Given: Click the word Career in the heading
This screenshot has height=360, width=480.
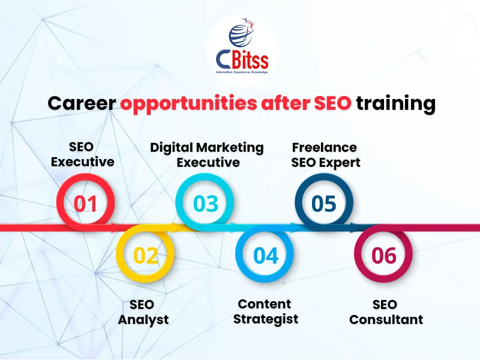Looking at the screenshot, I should tap(82, 103).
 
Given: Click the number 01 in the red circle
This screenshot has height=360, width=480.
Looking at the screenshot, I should tap(85, 203).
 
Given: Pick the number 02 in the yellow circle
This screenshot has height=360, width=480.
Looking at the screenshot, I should tap(145, 256).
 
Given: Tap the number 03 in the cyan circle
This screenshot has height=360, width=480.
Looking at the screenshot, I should tap(206, 203).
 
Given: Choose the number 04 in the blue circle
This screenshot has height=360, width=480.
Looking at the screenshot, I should tap(266, 256).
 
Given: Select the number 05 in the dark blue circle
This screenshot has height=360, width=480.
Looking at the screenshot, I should tap(324, 203).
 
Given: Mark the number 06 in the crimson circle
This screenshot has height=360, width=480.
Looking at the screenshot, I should tap(384, 256).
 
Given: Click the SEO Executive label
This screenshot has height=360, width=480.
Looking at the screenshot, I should tap(82, 154).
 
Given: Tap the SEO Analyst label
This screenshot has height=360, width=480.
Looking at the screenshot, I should tap(143, 311).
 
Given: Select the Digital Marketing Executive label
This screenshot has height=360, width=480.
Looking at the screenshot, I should tap(207, 154).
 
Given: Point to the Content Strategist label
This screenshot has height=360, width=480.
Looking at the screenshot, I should tap(265, 311).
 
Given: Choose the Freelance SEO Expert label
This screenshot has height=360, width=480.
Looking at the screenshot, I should tap(326, 154).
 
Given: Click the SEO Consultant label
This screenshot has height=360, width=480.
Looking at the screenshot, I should tap(386, 311).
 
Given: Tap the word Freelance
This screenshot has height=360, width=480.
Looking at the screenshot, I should tap(325, 147).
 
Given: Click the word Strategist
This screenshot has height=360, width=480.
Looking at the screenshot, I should tap(265, 319).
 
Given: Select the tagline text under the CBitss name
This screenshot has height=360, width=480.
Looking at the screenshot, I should tap(242, 71).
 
